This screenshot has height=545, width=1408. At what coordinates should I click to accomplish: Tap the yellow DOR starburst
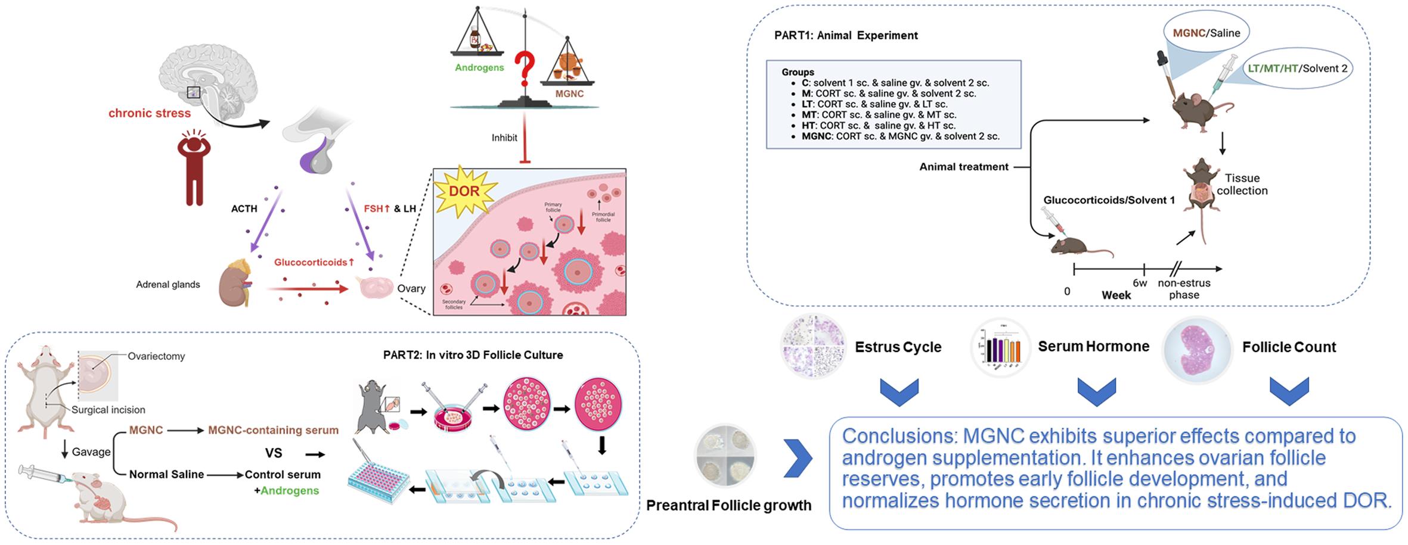click(x=464, y=191)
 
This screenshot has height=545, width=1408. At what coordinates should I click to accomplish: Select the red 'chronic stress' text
click(x=150, y=113)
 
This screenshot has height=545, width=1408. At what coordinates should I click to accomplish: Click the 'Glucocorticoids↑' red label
click(x=314, y=262)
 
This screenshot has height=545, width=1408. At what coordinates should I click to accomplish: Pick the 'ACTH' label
click(x=244, y=208)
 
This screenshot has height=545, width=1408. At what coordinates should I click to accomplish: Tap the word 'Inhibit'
click(x=504, y=138)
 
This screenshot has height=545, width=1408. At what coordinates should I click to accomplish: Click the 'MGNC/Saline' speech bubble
click(x=1207, y=33)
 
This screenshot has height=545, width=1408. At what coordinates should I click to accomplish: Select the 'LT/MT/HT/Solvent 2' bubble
click(x=1297, y=68)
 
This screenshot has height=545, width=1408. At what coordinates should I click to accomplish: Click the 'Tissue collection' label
click(x=1242, y=184)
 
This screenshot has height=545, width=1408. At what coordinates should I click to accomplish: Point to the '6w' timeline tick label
click(x=1140, y=283)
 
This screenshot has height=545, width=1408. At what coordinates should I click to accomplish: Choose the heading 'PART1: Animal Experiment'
click(x=846, y=35)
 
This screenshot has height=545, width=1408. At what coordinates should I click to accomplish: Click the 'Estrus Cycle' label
click(x=898, y=347)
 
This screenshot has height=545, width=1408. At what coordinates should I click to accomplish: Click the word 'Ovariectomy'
click(x=156, y=356)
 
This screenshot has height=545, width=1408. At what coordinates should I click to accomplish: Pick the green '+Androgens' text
click(x=282, y=491)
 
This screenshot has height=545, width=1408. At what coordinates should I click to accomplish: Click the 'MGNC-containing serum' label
click(x=273, y=430)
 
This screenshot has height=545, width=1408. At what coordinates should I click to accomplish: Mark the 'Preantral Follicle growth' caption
click(x=728, y=506)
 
